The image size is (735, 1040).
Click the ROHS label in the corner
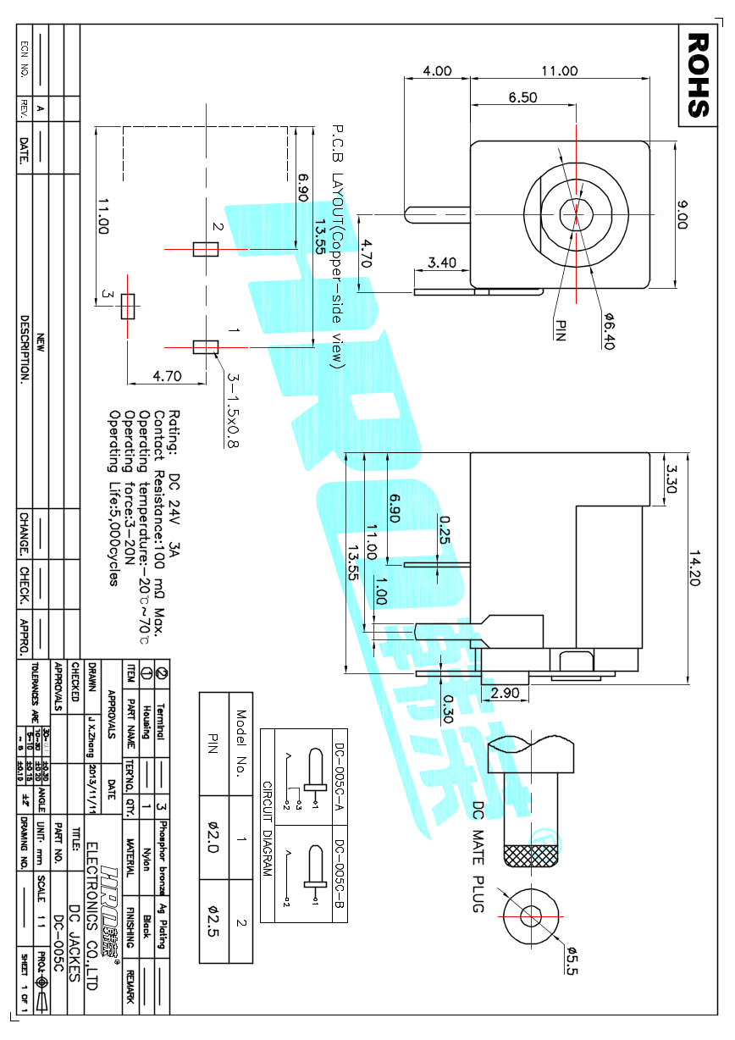click(x=698, y=75)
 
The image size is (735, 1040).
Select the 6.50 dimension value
click(x=522, y=97)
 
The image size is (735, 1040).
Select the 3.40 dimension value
click(x=442, y=263)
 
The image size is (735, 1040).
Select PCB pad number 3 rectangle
click(x=128, y=306)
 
